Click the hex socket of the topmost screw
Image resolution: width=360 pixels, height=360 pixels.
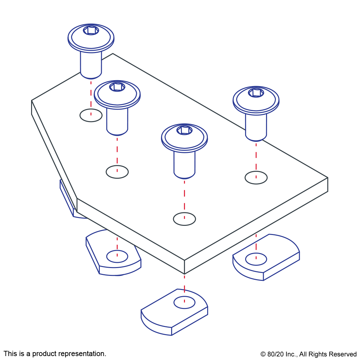pyautogui.click(x=91, y=30)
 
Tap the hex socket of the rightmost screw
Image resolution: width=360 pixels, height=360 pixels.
pyautogui.click(x=256, y=93)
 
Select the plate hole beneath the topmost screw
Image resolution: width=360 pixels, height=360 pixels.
pyautogui.click(x=91, y=115)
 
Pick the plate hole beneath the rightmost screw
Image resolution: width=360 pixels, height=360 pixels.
pyautogui.click(x=256, y=177)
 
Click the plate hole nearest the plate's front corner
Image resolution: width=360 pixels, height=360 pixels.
pyautogui.click(x=184, y=219)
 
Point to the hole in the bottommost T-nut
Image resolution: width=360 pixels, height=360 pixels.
pyautogui.click(x=184, y=302)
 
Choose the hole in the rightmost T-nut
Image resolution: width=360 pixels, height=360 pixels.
pyautogui.click(x=256, y=259)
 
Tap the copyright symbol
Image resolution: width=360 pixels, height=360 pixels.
pyautogui.click(x=263, y=354)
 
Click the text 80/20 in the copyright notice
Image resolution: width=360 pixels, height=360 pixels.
pyautogui.click(x=275, y=354)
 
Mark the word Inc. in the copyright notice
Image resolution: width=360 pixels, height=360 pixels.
pyautogui.click(x=291, y=354)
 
